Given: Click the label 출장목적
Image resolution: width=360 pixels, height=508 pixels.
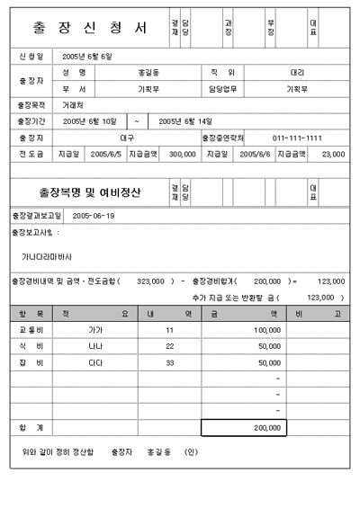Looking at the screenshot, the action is pos(30,105).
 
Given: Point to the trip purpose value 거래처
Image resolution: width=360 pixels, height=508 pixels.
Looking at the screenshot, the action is pos(73,105).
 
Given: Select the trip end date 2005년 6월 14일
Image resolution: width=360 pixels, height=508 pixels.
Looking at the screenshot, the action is pos(184,121).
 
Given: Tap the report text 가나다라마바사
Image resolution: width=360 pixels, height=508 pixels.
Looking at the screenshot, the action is pos(47,256).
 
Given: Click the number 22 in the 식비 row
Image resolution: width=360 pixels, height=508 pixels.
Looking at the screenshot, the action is pos(168,347).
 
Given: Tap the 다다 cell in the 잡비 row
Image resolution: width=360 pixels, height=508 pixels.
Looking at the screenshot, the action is pos(94,363).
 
